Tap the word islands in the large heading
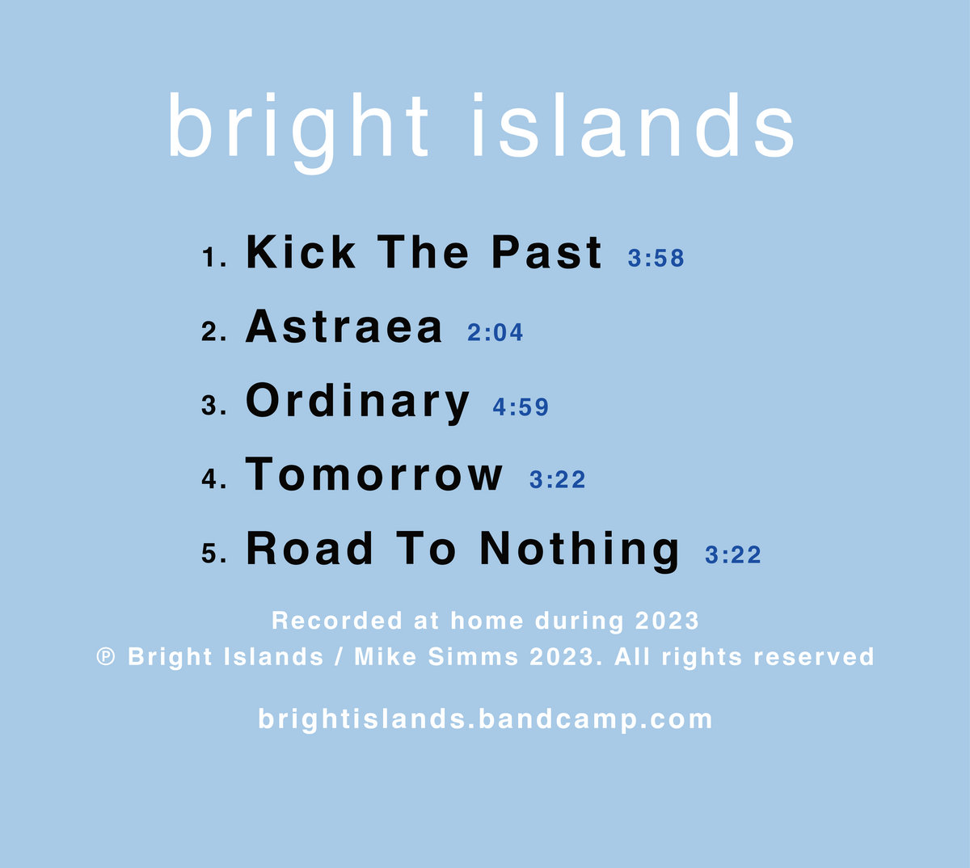pos(633,128)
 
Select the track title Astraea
pos(344,327)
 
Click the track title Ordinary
pos(357,402)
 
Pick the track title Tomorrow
pos(374,474)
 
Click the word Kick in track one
pos(300,252)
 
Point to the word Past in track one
pos(546,252)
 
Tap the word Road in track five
pos(310,549)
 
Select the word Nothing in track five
pos(580,550)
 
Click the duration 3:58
pos(656,259)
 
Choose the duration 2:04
pos(496,333)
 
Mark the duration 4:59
pos(521,407)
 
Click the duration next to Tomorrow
pos(557,480)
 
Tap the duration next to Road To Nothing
pos(733,554)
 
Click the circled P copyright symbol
pos(106,656)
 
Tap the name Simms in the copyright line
pos(473,656)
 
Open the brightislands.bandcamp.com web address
pos(485,718)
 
